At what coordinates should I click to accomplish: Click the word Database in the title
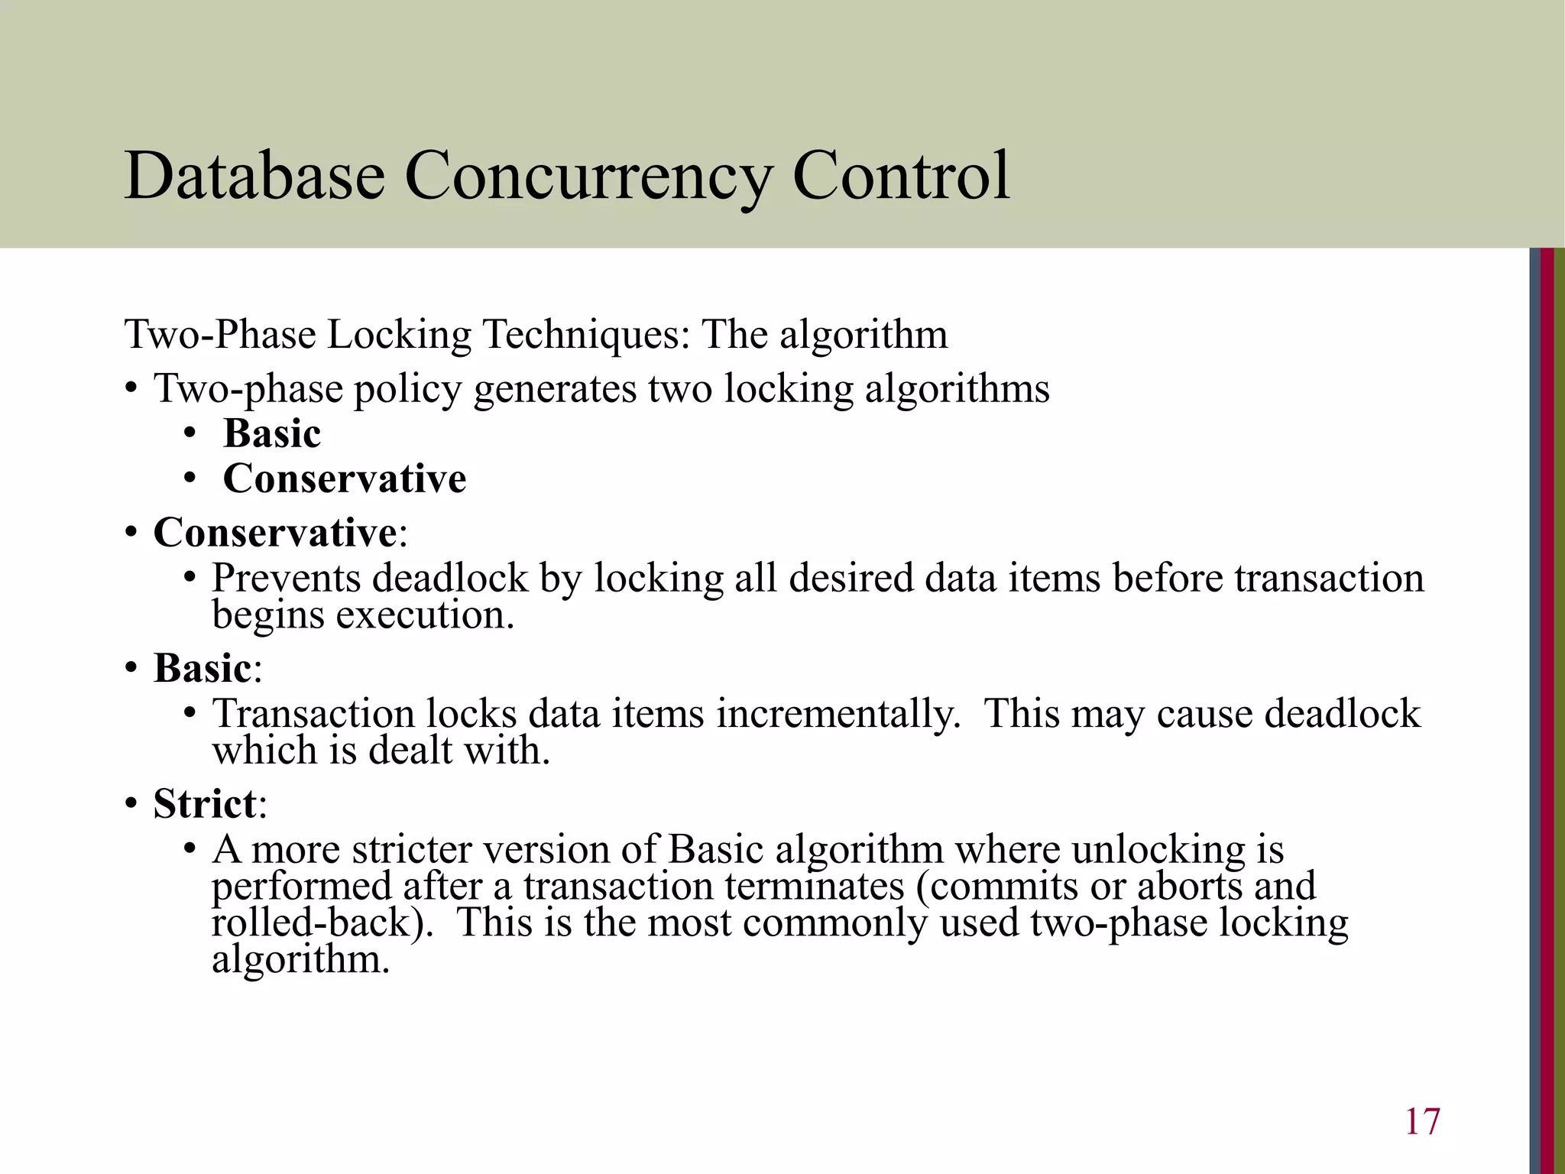point(254,176)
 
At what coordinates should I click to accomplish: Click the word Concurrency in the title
point(588,177)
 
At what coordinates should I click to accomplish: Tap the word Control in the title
point(901,176)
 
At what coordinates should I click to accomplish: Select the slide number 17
point(1422,1122)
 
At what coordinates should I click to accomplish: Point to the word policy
point(407,389)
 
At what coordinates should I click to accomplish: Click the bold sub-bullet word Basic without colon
point(272,433)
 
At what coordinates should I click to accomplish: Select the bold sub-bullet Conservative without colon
point(345,479)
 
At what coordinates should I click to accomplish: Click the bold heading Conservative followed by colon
point(275,532)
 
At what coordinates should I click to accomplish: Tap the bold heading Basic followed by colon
point(203,668)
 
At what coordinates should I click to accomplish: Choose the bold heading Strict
point(205,803)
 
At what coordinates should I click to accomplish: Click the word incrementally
point(838,714)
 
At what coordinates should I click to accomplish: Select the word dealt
point(410,750)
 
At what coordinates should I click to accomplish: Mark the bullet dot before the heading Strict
point(131,805)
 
